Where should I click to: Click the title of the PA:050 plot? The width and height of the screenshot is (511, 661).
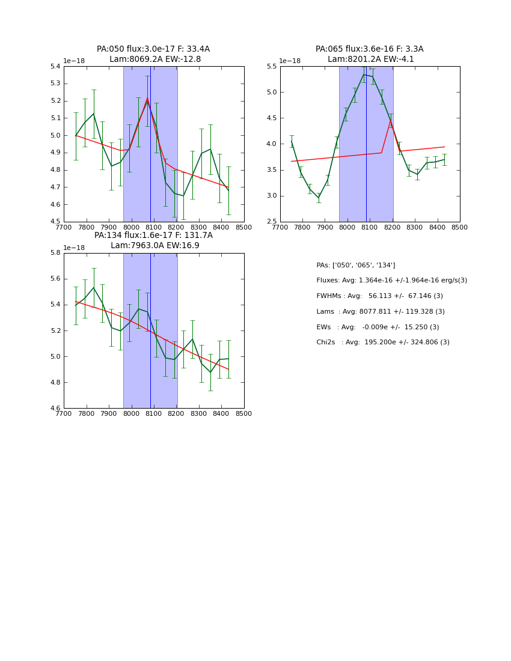[x=153, y=54]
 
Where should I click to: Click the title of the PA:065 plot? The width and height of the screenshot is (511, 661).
[x=370, y=54]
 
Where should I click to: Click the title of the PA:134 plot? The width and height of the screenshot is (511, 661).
[x=153, y=240]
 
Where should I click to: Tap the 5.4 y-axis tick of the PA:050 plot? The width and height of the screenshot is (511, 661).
[x=55, y=67]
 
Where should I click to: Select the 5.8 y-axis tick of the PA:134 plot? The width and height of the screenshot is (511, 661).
[x=55, y=253]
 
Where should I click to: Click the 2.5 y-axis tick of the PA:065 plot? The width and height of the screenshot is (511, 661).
[x=271, y=222]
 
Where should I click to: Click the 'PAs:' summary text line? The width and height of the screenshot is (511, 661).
[x=356, y=265]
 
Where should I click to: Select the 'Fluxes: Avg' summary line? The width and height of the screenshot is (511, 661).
[x=391, y=281]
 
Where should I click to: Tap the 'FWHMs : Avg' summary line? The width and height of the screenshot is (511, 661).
[x=379, y=296]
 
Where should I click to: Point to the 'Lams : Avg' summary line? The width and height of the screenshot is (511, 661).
[x=381, y=311]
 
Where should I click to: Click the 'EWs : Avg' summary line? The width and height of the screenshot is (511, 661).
[x=378, y=327]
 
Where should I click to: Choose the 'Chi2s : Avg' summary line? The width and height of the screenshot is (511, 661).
[x=383, y=343]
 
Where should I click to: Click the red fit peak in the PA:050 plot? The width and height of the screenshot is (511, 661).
[x=147, y=98]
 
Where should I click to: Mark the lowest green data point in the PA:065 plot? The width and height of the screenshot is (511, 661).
[x=319, y=198]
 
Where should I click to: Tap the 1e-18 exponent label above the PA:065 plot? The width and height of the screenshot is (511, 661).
[x=290, y=61]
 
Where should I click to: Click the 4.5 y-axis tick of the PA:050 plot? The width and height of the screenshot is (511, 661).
[x=55, y=222]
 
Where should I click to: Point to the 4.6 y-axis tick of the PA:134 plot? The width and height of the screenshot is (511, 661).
[x=55, y=409]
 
